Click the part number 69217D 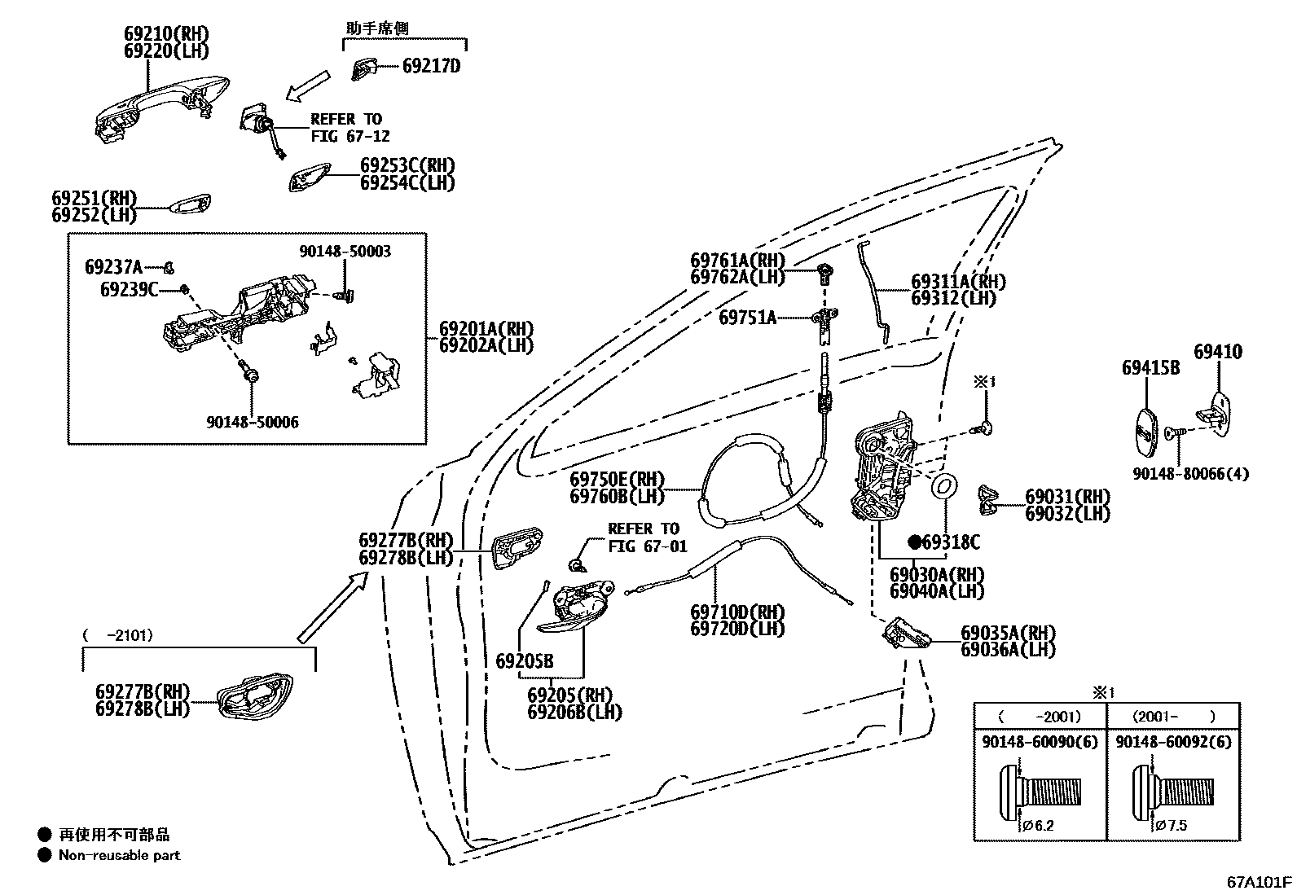pos(431,66)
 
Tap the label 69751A pos(747,318)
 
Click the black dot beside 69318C pos(914,542)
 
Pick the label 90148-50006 pos(252,422)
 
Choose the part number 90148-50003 pos(345,252)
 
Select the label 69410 pos(1218,353)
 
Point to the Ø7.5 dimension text pos(1171,826)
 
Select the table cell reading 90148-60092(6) pos(1173,742)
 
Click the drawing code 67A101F pos(1260,882)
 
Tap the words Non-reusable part pos(119,855)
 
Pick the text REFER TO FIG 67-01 pos(643,537)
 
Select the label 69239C pos(129,289)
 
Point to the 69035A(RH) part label pos(1007,633)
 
